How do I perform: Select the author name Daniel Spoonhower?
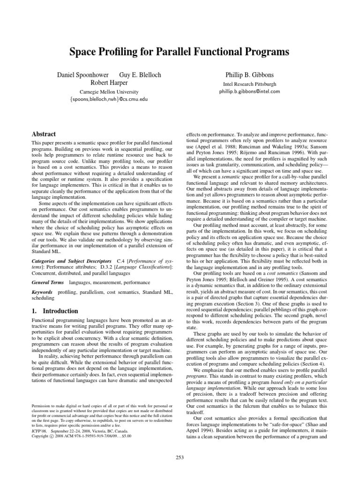[82, 75]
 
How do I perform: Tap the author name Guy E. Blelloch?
[139, 75]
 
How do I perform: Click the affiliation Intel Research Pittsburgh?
[249, 84]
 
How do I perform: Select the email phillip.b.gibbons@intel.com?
[249, 91]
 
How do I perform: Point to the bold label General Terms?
[48, 283]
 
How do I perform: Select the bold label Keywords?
[42, 292]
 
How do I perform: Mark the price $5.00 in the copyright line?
[125, 435]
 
